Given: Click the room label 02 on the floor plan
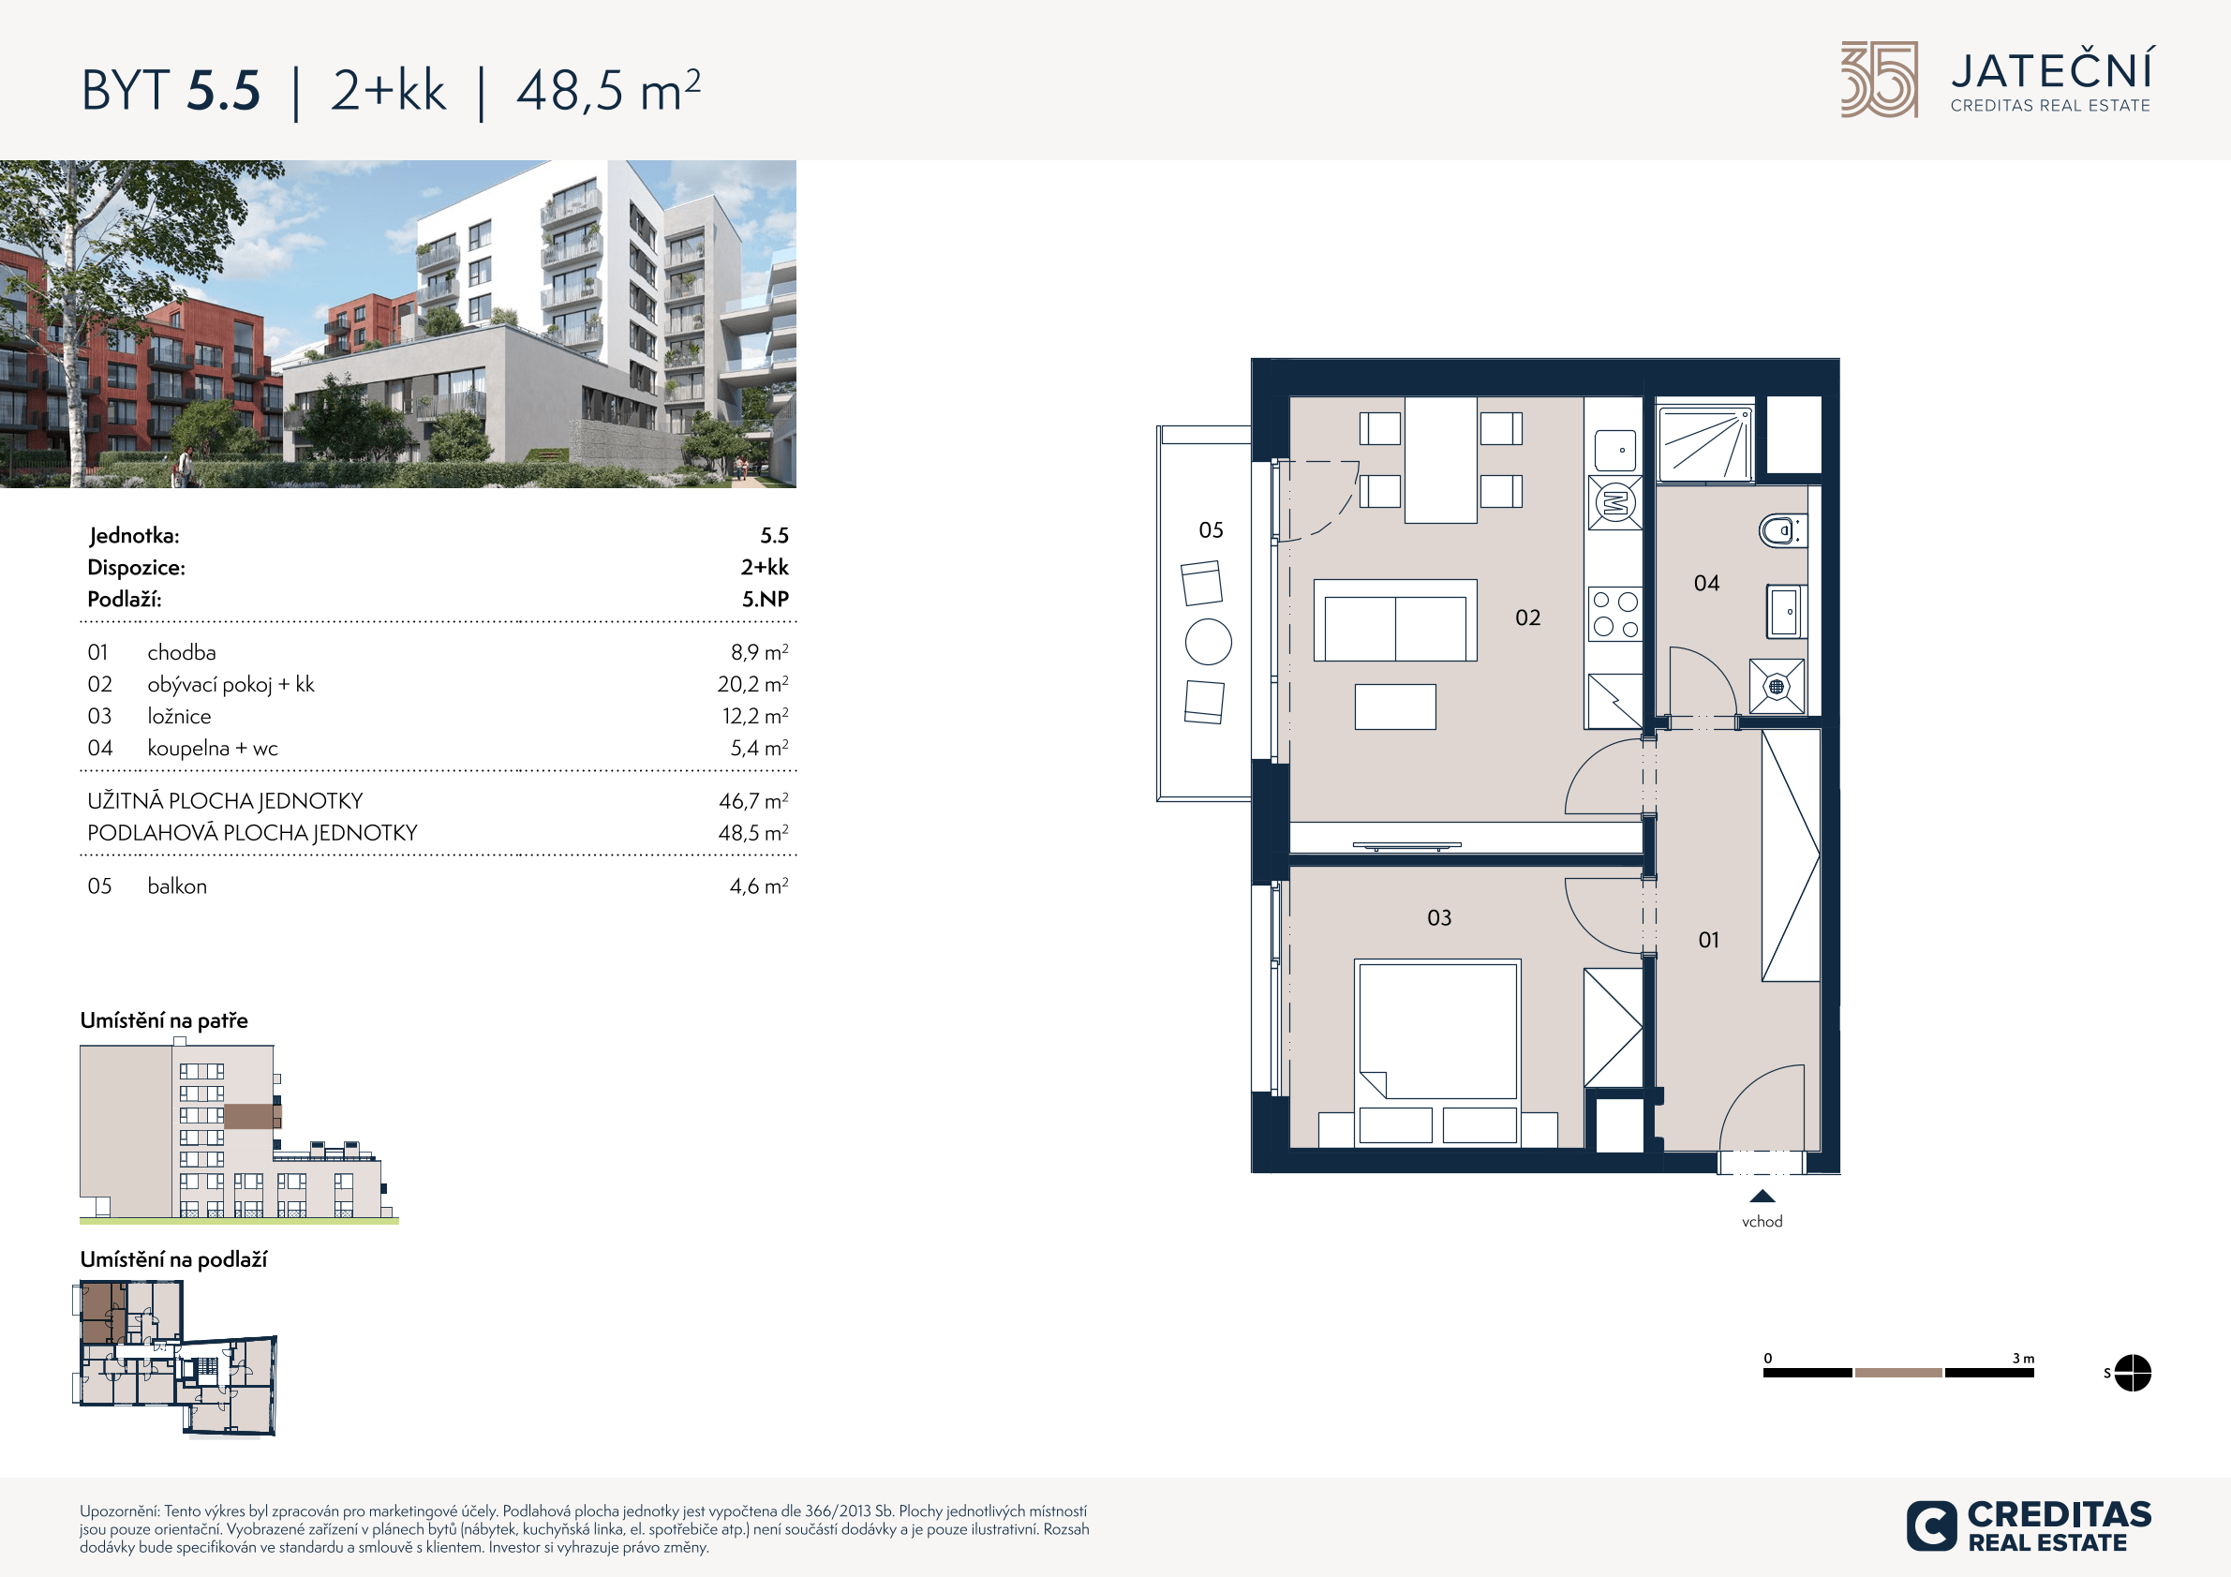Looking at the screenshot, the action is [x=1527, y=618].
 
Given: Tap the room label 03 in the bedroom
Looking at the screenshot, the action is [x=1439, y=918].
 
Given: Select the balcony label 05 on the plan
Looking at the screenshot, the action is [x=1211, y=530].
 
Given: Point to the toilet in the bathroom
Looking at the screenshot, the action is [x=1781, y=530].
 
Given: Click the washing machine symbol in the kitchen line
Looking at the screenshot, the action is [x=1615, y=502].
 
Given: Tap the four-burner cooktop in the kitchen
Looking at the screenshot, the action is [x=1615, y=614].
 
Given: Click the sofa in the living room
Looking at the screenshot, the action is [x=1395, y=621].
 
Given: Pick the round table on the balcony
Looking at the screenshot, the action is [x=1209, y=642].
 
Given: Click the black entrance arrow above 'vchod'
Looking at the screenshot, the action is [x=1762, y=1198].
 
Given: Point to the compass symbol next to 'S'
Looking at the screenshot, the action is [x=2133, y=1373].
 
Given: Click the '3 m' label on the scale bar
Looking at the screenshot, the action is [x=2023, y=1359].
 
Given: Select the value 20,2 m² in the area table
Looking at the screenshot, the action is [x=753, y=684].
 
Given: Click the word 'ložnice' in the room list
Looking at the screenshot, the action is [x=179, y=716].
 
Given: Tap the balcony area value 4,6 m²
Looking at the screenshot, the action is [x=759, y=886].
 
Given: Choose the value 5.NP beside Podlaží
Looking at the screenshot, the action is [x=766, y=600].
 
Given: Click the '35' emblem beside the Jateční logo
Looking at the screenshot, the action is [x=1880, y=80].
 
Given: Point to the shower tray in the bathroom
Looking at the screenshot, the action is [x=1705, y=444].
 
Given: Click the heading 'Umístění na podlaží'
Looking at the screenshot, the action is [x=173, y=1260].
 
